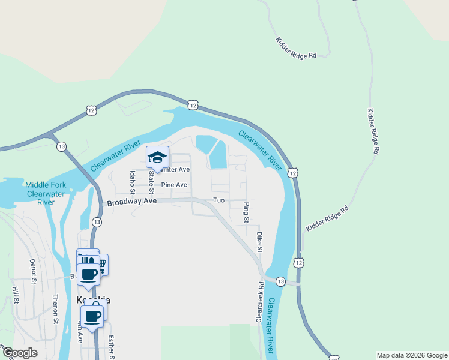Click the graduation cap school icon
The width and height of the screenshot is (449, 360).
coord(158,157)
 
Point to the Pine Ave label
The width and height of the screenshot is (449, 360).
coord(174,185)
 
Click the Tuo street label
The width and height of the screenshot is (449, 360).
coord(218,200)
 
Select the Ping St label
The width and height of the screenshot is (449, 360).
coord(246,213)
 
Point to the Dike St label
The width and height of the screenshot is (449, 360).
coord(259,243)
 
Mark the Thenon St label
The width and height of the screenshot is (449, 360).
coord(55,309)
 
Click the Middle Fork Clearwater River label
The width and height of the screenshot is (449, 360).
coord(46,193)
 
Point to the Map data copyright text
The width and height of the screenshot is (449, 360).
coord(412,355)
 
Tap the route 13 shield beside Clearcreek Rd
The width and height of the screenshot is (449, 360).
coord(280,281)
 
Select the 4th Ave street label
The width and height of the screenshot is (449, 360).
coord(80,332)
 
